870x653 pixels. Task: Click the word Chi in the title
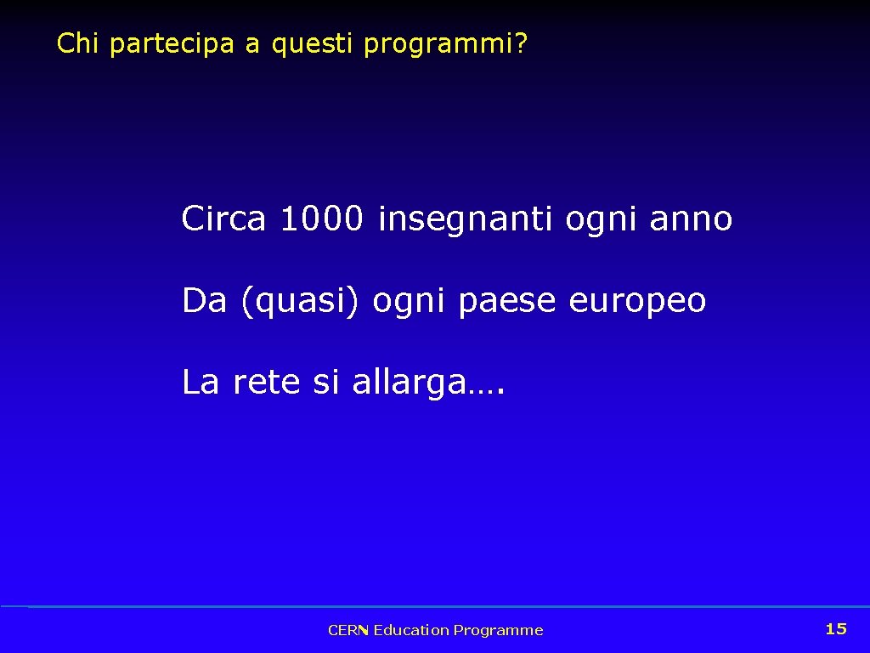pyautogui.click(x=78, y=43)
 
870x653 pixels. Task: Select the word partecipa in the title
pyautogui.click(x=172, y=44)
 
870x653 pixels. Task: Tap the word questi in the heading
pyautogui.click(x=312, y=44)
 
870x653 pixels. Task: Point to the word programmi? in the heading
pyautogui.click(x=445, y=44)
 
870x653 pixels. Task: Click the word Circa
pyautogui.click(x=223, y=219)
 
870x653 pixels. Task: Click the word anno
pyautogui.click(x=690, y=219)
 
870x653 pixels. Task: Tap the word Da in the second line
pyautogui.click(x=204, y=300)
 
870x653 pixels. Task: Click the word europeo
pyautogui.click(x=637, y=302)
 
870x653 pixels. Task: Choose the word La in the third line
pyautogui.click(x=201, y=383)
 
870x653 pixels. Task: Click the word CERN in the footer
pyautogui.click(x=347, y=630)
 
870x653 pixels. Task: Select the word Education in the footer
pyautogui.click(x=411, y=630)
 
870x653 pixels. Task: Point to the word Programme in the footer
pyautogui.click(x=498, y=630)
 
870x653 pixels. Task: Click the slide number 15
pyautogui.click(x=836, y=628)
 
